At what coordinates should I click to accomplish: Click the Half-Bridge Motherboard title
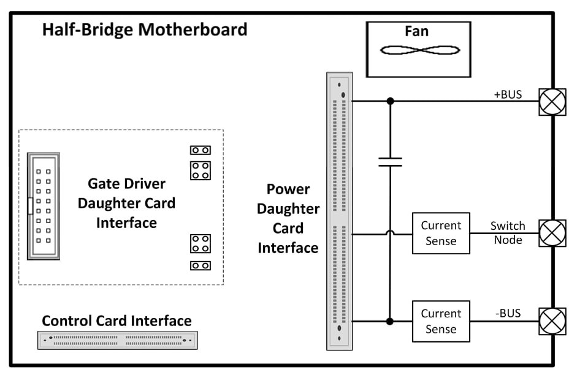point(145,30)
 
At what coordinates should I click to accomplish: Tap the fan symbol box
point(418,49)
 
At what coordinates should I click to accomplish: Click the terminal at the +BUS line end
point(552,102)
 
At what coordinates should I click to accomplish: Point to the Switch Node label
point(507,233)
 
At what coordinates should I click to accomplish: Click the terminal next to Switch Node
point(552,233)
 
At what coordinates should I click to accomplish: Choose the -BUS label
point(507,313)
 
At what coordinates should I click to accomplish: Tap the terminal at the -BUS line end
point(552,321)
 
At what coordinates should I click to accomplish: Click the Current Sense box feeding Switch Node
point(441,233)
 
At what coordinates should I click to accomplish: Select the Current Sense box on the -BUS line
point(441,321)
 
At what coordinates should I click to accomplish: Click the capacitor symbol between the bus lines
point(390,162)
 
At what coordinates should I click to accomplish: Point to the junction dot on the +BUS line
point(390,101)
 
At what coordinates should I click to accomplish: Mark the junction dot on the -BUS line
point(390,321)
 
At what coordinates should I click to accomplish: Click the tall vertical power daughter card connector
point(340,211)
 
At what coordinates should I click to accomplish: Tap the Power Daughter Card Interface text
point(288,218)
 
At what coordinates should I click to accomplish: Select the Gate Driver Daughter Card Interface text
point(126,203)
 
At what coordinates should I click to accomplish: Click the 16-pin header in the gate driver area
point(44,206)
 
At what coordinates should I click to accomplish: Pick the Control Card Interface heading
point(116,320)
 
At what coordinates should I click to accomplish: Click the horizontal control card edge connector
point(118,340)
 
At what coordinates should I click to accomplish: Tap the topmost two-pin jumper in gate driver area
point(200,150)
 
